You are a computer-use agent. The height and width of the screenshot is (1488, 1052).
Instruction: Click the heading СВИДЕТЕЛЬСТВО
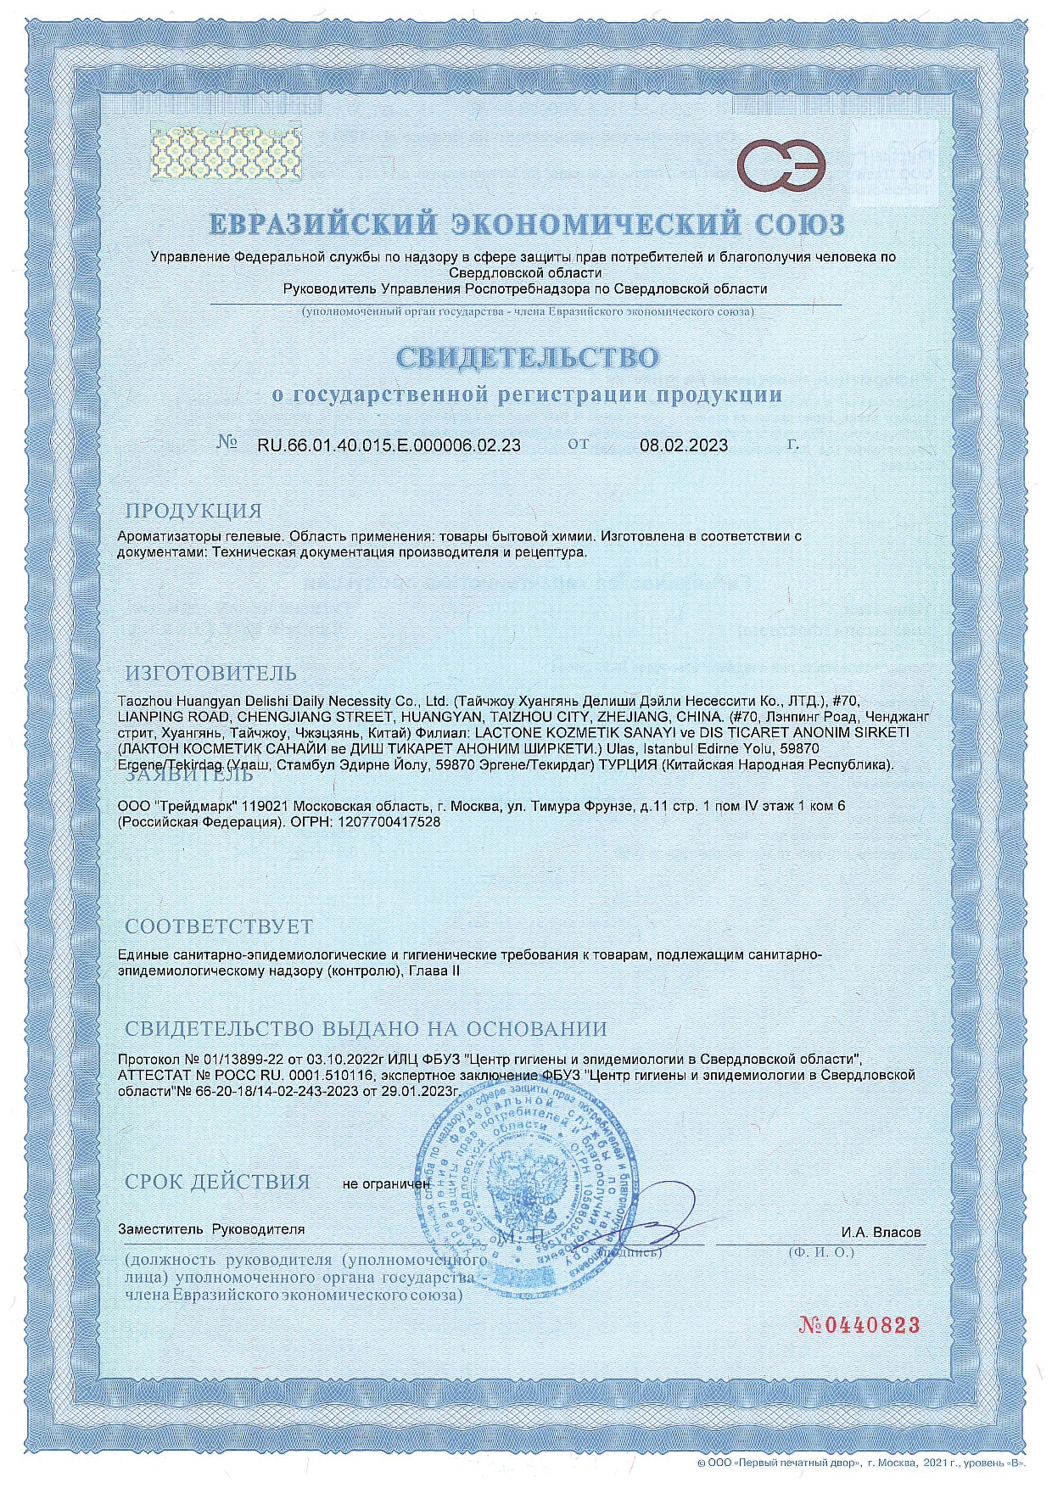[x=526, y=358]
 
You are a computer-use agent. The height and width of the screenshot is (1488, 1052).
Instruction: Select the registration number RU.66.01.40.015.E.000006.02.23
[x=389, y=445]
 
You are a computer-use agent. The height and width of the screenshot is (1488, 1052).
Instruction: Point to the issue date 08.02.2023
[x=683, y=445]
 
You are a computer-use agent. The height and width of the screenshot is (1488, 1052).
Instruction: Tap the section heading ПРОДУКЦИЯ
[x=193, y=511]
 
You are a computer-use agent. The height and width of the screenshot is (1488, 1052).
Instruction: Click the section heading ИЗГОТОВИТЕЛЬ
[x=211, y=674]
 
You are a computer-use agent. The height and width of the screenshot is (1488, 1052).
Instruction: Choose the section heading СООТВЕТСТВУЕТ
[x=219, y=926]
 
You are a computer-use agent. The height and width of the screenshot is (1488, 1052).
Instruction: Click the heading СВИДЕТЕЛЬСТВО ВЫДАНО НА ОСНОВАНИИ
[x=366, y=1028]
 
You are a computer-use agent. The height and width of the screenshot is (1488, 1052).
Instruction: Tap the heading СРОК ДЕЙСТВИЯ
[x=217, y=1182]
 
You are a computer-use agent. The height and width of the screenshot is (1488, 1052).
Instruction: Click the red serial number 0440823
[x=859, y=1325]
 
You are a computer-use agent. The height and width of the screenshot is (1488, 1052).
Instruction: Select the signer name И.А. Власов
[x=881, y=1232]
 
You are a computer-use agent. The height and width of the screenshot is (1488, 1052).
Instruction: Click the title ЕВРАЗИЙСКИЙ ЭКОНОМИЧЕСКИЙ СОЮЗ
[x=526, y=224]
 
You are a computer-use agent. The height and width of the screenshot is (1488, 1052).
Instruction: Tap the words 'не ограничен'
[x=386, y=1183]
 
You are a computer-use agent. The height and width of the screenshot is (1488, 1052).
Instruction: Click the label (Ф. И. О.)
[x=820, y=1251]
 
